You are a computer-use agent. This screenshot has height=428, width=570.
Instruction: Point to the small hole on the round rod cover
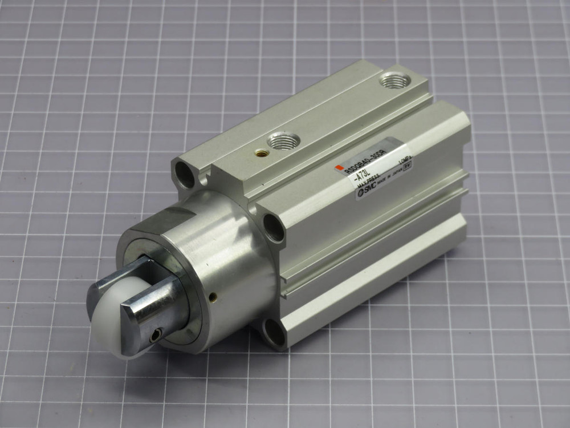(x=214, y=296)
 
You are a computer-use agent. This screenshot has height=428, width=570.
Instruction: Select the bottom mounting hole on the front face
(x=274, y=334)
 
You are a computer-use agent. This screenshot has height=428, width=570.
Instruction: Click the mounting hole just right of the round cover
(x=274, y=228)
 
